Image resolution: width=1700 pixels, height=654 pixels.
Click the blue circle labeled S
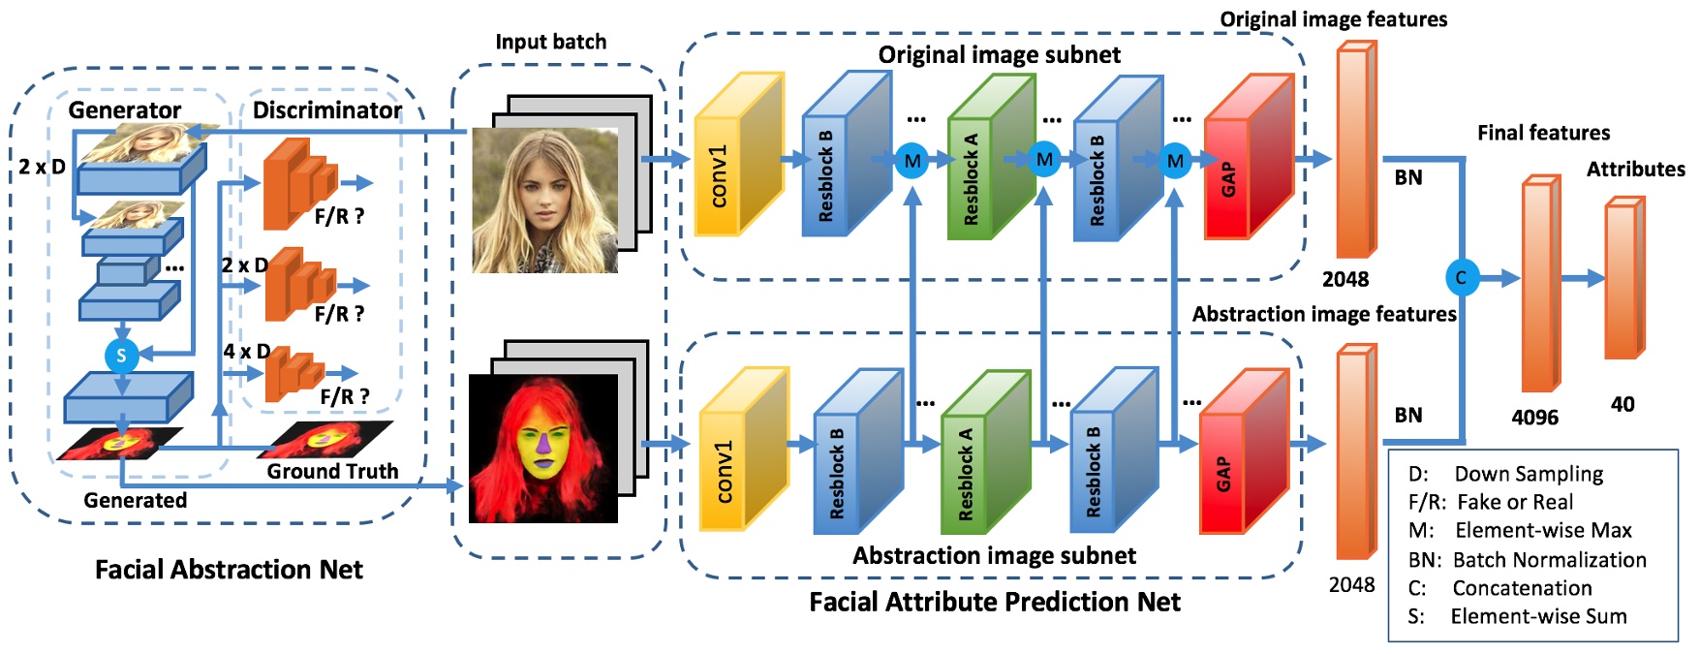tap(121, 356)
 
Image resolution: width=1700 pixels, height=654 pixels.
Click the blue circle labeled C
tap(1461, 278)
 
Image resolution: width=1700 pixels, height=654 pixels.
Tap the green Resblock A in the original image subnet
tap(991, 158)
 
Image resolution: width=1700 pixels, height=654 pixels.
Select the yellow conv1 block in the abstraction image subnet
tap(744, 449)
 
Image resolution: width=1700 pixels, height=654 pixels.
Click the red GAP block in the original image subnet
tap(1250, 157)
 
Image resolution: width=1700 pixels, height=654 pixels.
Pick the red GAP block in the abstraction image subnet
tap(1245, 452)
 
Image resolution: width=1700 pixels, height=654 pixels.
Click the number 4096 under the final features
tap(1535, 418)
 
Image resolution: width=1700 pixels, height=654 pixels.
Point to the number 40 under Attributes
tap(1623, 404)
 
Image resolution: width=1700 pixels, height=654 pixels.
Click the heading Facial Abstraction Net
tap(229, 569)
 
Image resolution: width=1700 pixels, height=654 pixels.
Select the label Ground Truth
tap(332, 471)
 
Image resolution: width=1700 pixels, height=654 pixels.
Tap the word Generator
tap(125, 110)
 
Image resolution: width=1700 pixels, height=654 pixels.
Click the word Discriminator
tap(327, 110)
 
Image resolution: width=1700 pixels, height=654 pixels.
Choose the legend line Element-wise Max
tap(1520, 530)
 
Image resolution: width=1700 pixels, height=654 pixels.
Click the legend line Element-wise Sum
tap(1517, 616)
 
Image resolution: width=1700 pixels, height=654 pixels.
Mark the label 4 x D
tap(246, 351)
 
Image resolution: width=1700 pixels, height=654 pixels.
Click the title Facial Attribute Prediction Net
tap(995, 602)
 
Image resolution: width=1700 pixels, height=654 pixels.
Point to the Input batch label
tap(550, 42)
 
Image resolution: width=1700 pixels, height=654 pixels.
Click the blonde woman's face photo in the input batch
tap(545, 201)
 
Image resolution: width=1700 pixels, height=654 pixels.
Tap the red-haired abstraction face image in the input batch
tap(543, 449)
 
